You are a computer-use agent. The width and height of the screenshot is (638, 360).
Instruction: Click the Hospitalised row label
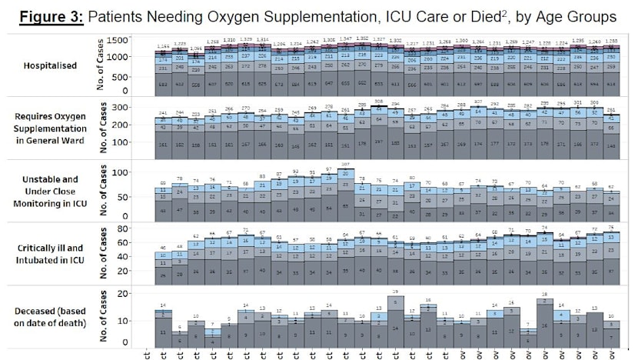click(49, 65)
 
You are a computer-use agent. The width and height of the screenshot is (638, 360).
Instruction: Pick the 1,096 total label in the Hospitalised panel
click(196, 48)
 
